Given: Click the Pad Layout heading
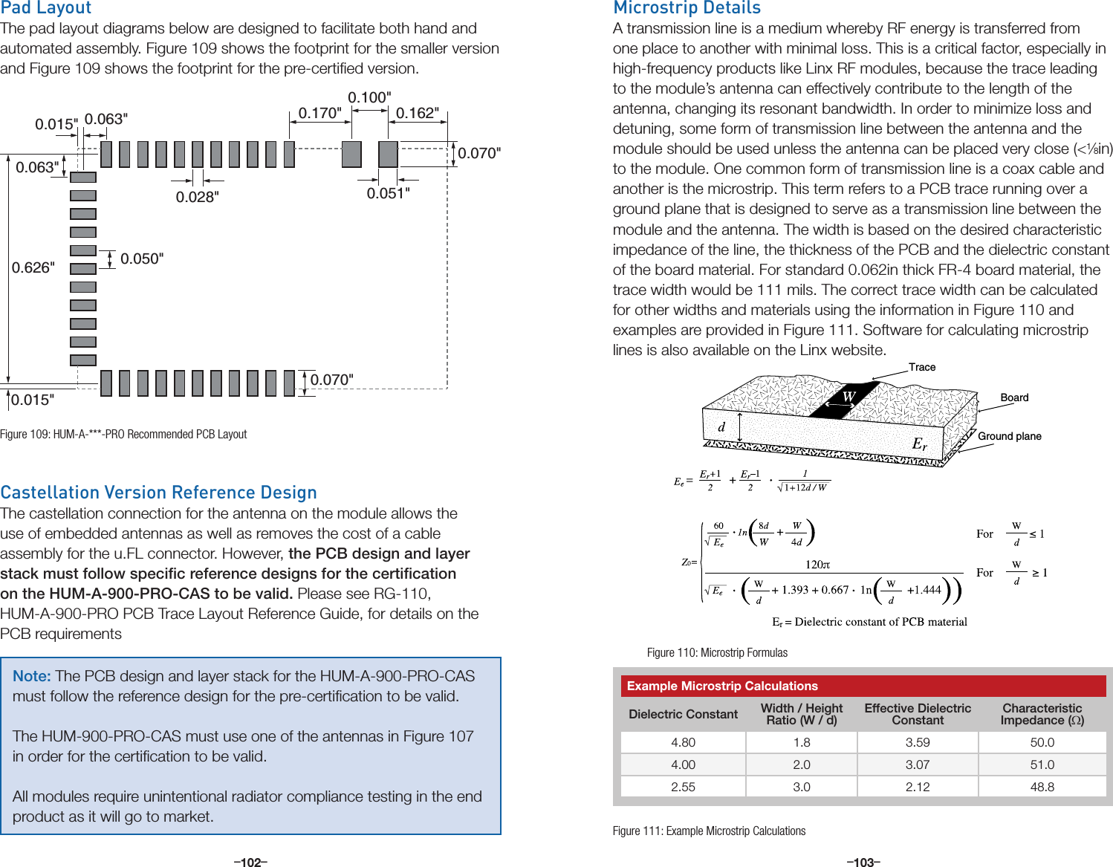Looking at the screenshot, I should click(46, 8).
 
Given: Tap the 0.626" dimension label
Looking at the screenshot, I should click(33, 267).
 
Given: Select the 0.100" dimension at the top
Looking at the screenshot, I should click(369, 97).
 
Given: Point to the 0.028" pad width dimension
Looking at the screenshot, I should click(197, 197).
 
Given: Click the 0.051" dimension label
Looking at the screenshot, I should click(388, 193).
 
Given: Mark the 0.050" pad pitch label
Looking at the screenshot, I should click(142, 259).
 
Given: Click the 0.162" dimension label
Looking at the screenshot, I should click(417, 113).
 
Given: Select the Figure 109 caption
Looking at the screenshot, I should click(123, 434).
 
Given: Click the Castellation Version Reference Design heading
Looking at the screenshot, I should click(158, 493).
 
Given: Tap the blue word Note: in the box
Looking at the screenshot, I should click(31, 676).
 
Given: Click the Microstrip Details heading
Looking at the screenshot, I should click(687, 8).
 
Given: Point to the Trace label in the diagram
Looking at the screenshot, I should click(922, 367).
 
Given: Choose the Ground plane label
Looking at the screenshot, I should click(1009, 436).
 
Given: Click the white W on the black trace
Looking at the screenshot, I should click(848, 397).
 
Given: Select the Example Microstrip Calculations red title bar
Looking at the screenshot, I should click(863, 686).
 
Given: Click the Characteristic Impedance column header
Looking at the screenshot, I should click(1042, 714).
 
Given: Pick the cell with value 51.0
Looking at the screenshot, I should click(1042, 764).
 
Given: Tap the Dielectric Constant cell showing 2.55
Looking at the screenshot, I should click(683, 787).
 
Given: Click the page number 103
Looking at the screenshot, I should click(863, 862).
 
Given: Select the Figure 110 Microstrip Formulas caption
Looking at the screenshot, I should click(717, 652).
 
